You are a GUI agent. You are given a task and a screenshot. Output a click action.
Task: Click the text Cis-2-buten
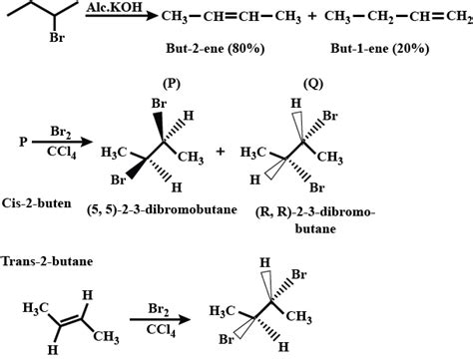click(35, 198)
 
